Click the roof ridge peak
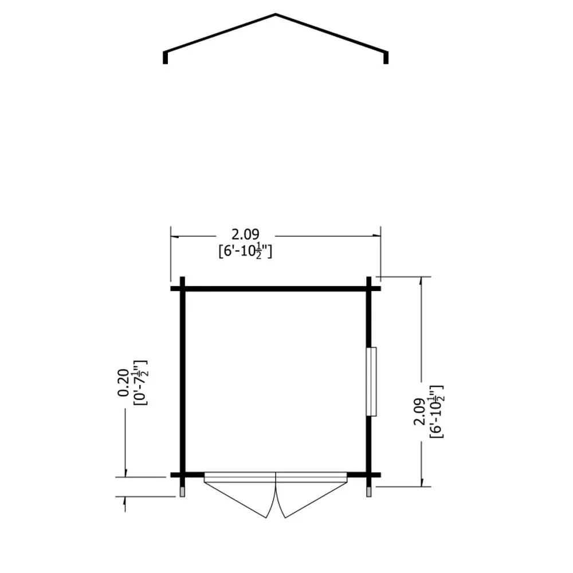pyautogui.click(x=276, y=15)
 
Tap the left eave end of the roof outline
pyautogui.click(x=165, y=62)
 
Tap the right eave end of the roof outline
pyautogui.click(x=386, y=62)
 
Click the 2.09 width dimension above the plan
pyautogui.click(x=245, y=234)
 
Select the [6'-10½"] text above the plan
pyautogui.click(x=245, y=251)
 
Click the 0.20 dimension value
pyautogui.click(x=123, y=383)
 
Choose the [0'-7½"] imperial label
pyautogui.click(x=140, y=383)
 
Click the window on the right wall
pyautogui.click(x=371, y=382)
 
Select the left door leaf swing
pyautogui.click(x=240, y=499)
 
